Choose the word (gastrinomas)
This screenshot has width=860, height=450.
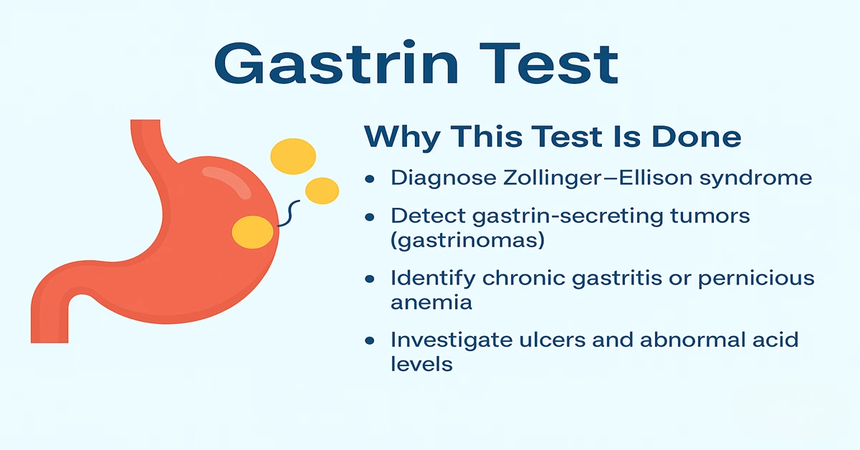pos(467,241)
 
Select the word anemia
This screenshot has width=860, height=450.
pos(431,302)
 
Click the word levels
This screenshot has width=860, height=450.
pos(421,364)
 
